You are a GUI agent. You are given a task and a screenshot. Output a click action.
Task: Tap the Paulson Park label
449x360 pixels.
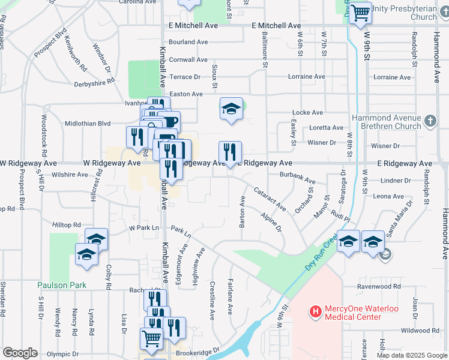tap(61, 285)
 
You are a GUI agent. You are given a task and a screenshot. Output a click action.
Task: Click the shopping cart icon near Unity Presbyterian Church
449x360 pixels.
tap(360, 11)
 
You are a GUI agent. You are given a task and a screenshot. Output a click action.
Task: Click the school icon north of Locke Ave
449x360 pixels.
tap(231, 109)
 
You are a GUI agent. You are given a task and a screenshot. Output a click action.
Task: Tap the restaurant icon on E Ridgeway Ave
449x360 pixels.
tap(230, 152)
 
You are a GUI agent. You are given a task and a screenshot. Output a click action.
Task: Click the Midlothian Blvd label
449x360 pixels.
tap(88, 124)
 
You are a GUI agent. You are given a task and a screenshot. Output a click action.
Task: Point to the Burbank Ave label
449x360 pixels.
tap(297, 178)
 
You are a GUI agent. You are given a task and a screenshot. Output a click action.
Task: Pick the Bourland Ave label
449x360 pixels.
tap(188, 42)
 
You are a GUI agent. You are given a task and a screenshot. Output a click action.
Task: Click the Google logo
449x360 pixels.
tap(20, 353)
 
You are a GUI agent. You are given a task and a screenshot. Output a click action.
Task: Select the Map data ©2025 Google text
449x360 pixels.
tap(411, 355)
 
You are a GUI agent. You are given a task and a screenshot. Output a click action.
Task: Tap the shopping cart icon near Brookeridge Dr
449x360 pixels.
tap(151, 338)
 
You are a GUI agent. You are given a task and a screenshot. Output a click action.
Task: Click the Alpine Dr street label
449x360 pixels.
tap(271, 221)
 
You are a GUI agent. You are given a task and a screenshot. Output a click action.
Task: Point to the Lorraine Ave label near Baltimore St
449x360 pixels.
tap(306, 77)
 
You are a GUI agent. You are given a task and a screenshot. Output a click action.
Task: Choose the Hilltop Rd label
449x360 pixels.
tap(67, 225)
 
